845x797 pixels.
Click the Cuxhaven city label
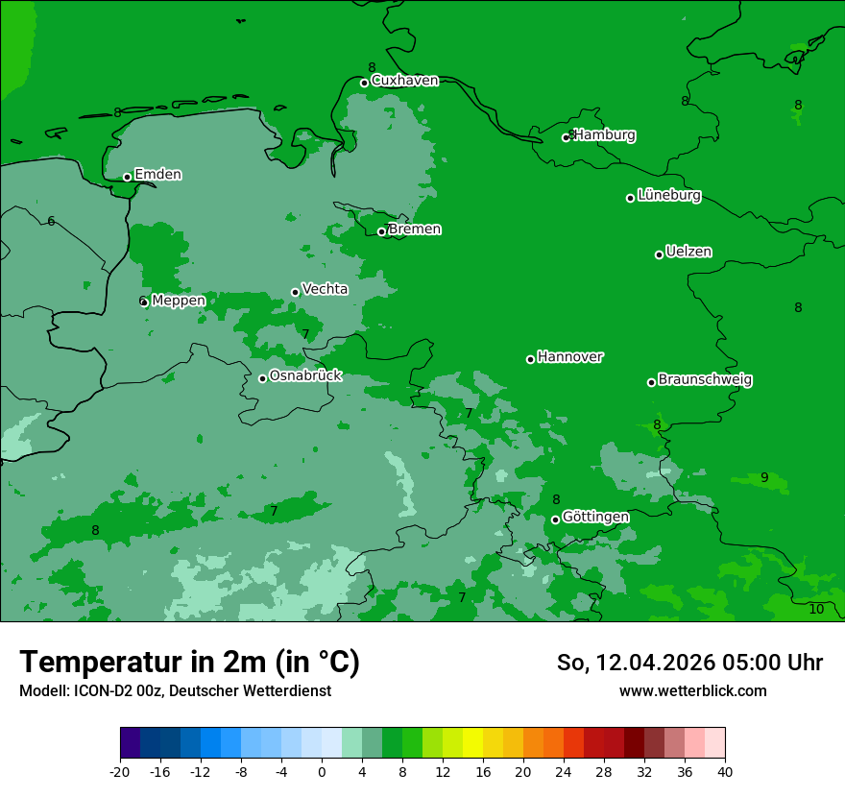[x=404, y=81]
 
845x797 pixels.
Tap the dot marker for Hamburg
[x=567, y=137]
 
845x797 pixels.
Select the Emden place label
[x=157, y=175]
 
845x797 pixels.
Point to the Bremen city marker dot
[x=381, y=231]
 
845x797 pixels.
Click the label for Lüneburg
[x=668, y=196]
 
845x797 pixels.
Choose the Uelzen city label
[x=688, y=253]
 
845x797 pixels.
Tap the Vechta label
[x=325, y=289]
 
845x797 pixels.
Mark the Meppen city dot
[x=144, y=302]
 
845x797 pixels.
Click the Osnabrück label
[x=305, y=376]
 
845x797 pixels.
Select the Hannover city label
[x=569, y=357]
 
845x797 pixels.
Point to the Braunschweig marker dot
[x=651, y=382]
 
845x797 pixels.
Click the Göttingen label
[x=595, y=518]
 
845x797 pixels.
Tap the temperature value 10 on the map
[x=816, y=610]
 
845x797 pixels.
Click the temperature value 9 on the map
[x=764, y=478]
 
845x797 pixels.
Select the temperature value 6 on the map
[x=51, y=222]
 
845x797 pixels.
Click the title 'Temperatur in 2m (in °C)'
[x=189, y=663]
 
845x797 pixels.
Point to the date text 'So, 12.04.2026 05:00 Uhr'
[x=689, y=663]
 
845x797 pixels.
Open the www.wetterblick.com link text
[x=692, y=691]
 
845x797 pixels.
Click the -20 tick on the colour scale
[x=120, y=771]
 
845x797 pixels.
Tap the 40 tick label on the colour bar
[x=725, y=771]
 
